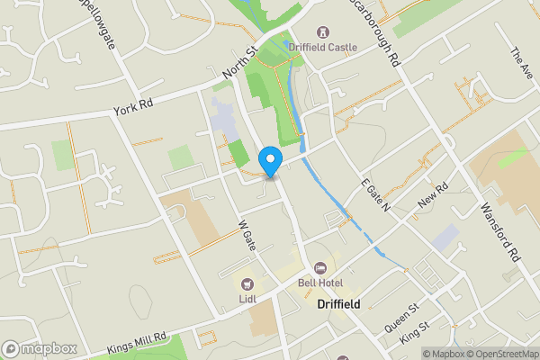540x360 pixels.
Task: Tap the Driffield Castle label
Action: [x=328, y=46]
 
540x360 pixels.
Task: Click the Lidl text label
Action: [x=247, y=299]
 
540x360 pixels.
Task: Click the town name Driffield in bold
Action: [x=338, y=304]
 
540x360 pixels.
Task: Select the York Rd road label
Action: [x=133, y=107]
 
